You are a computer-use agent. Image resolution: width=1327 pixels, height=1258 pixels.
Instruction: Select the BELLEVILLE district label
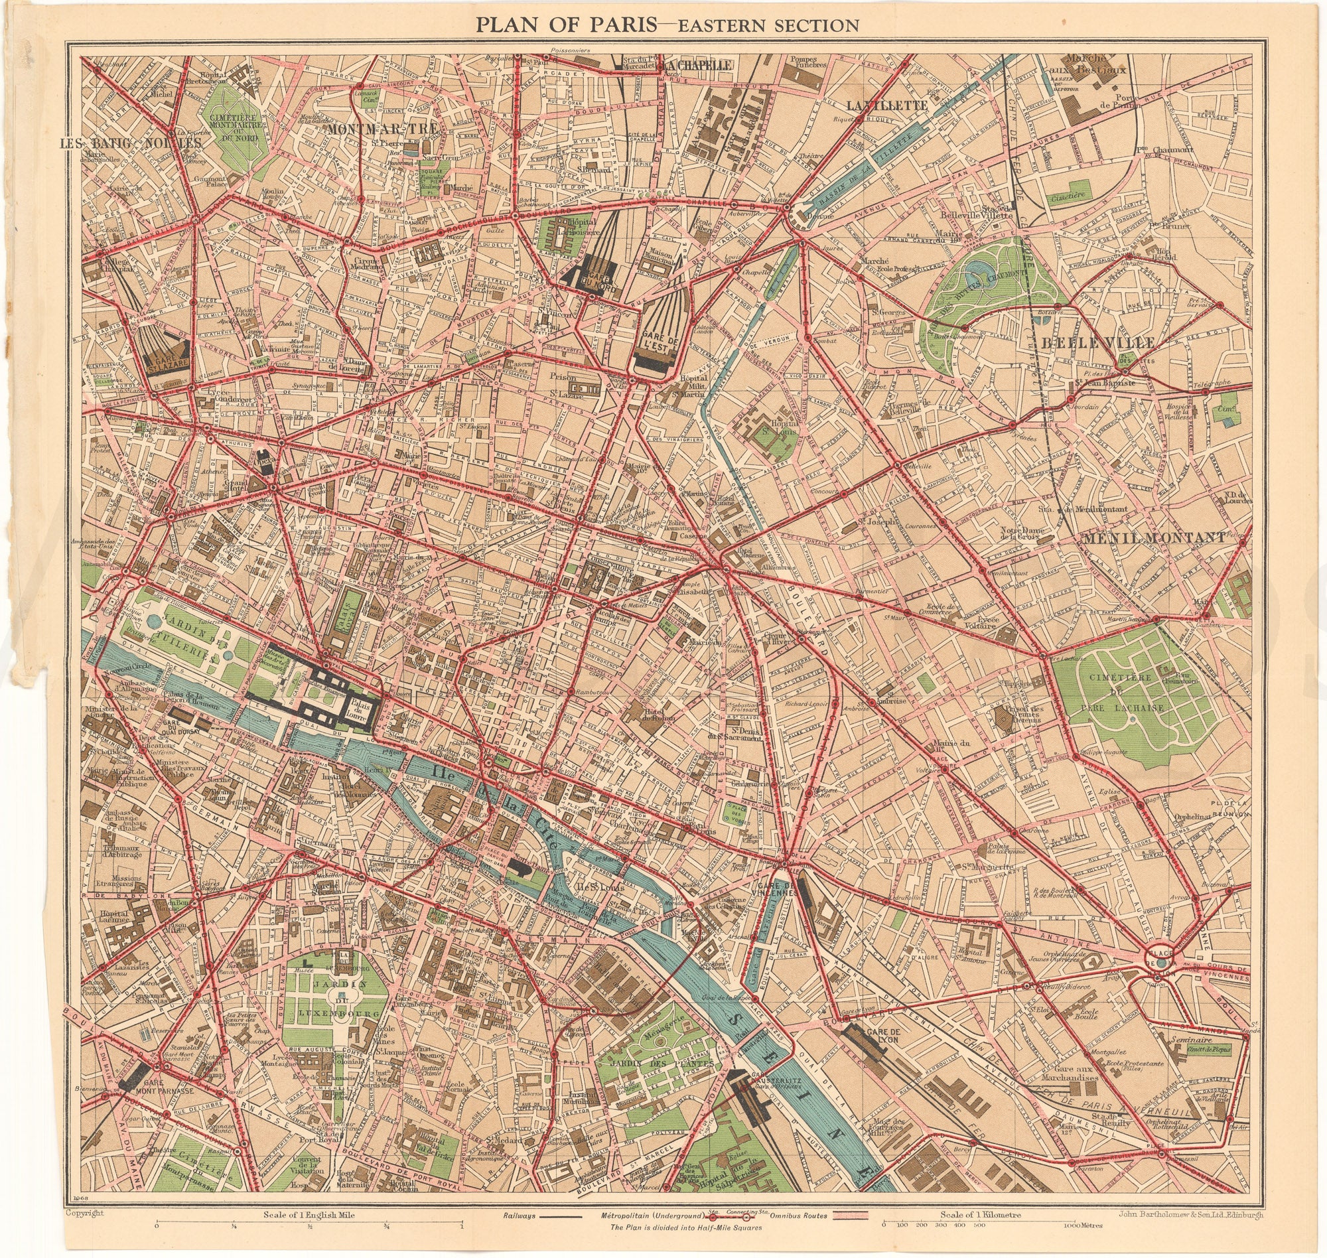point(1097,343)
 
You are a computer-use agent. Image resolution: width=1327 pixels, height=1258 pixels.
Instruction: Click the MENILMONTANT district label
point(1152,538)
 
